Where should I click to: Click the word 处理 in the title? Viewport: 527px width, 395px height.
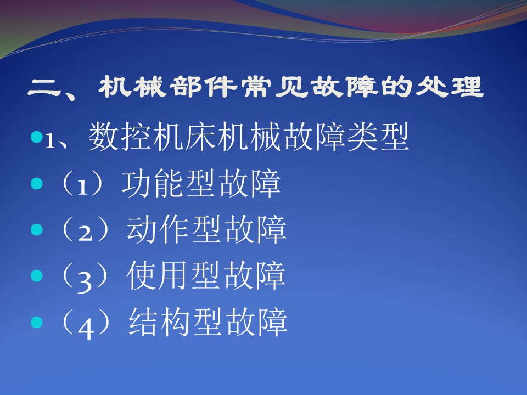click(450, 87)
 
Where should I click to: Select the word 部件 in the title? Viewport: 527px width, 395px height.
click(203, 87)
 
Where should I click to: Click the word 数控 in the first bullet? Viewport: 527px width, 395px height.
click(120, 137)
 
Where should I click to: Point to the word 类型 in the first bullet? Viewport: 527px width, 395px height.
click(378, 137)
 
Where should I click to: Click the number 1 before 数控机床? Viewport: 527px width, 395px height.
click(50, 141)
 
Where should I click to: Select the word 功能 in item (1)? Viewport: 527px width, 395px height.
click(153, 183)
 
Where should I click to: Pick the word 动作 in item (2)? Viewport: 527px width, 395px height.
click(159, 230)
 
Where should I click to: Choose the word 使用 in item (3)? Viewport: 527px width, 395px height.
click(158, 276)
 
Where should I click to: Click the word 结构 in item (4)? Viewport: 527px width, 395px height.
click(160, 322)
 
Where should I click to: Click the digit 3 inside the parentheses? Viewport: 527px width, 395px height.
click(85, 281)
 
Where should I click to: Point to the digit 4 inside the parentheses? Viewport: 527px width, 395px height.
click(86, 328)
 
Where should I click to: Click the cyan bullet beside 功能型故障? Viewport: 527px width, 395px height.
click(37, 183)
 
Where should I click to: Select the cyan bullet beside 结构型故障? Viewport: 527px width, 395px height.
click(37, 322)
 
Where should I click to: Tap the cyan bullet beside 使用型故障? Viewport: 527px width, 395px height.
click(37, 276)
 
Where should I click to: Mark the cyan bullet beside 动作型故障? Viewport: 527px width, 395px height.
click(37, 230)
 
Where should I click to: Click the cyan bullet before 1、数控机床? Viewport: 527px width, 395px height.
click(37, 137)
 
